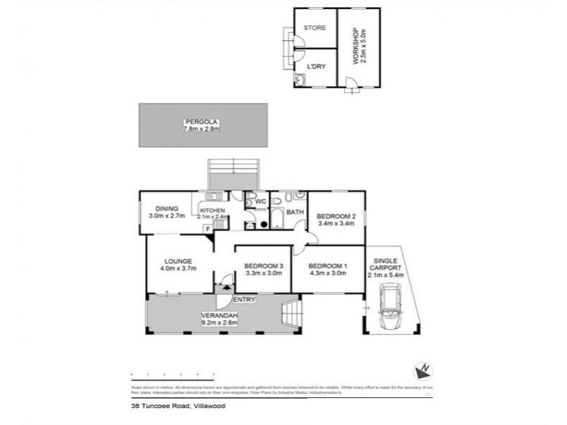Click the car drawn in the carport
click(391, 307)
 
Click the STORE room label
click(314, 28)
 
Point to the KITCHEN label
click(212, 211)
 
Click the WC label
click(260, 201)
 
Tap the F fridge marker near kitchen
click(207, 228)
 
